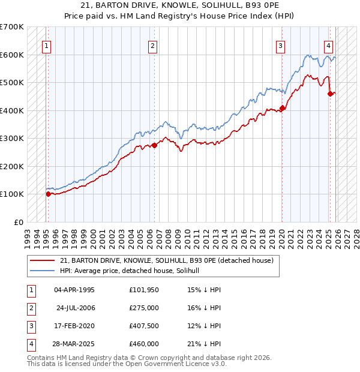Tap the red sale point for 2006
coord(154,145)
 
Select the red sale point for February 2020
coord(282,108)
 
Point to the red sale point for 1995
coord(49,193)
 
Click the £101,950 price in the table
coord(143,290)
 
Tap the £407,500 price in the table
coord(143,326)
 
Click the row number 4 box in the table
coord(30,344)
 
